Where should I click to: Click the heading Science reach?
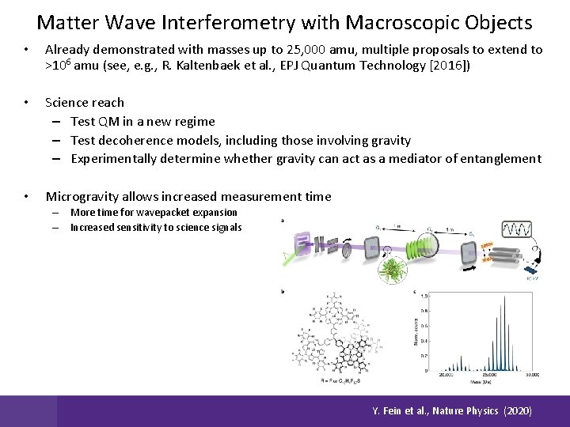point(85,103)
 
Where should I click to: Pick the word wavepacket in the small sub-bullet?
point(156,213)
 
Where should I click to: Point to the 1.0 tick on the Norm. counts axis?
point(424,296)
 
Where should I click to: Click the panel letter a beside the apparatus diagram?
point(283,221)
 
